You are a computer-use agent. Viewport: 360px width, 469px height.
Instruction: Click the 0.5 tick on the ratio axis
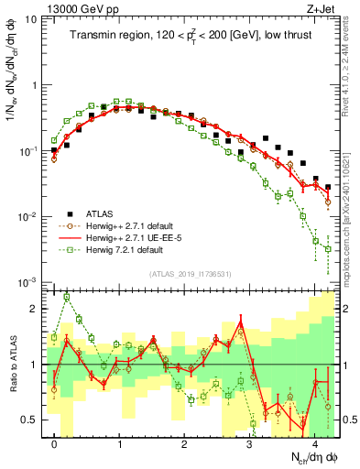30,420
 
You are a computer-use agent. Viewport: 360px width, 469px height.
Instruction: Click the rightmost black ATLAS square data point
328,187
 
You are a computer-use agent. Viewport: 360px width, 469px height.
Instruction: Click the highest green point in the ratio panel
67,297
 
